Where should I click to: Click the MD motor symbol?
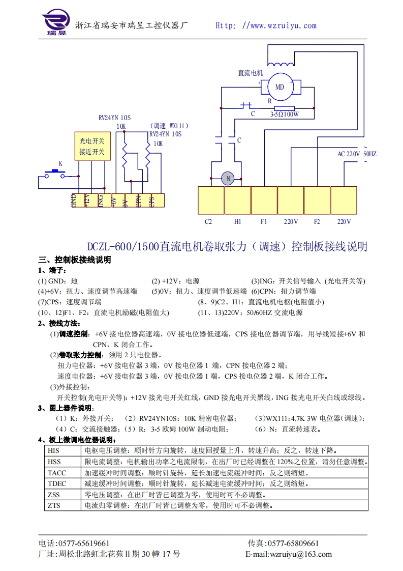click(x=280, y=87)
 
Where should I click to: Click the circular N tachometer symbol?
click(x=228, y=178)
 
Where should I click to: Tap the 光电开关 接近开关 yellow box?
click(x=92, y=147)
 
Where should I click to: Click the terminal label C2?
click(x=208, y=222)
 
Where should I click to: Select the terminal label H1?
click(x=237, y=222)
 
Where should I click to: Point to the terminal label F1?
click(x=264, y=222)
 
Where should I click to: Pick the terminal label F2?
click(x=317, y=222)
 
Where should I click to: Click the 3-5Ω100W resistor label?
click(x=284, y=115)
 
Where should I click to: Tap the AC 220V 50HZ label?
click(x=357, y=154)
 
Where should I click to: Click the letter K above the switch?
click(x=60, y=164)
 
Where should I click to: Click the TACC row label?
click(x=56, y=473)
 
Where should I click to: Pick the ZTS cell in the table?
click(x=53, y=506)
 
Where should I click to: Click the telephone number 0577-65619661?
click(x=81, y=544)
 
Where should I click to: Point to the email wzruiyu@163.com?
click(x=301, y=554)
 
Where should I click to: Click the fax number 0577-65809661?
click(x=293, y=544)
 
